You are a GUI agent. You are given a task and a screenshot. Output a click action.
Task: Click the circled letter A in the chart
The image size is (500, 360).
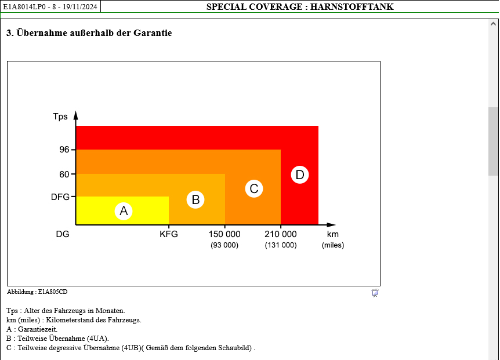pyautogui.click(x=124, y=211)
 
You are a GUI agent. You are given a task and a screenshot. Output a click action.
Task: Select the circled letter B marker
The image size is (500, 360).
pyautogui.click(x=196, y=200)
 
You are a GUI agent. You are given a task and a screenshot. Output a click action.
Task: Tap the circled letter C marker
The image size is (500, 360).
pyautogui.click(x=253, y=188)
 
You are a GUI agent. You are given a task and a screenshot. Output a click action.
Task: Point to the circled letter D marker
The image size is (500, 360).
pyautogui.click(x=299, y=174)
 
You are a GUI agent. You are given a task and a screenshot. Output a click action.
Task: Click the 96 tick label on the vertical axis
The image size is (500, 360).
pyautogui.click(x=64, y=150)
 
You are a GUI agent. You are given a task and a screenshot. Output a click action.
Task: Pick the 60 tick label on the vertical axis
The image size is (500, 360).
pyautogui.click(x=64, y=174)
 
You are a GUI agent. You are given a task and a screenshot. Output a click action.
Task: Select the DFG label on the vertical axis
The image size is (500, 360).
pyautogui.click(x=60, y=197)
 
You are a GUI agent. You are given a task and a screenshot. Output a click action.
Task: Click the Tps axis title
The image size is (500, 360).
pyautogui.click(x=60, y=117)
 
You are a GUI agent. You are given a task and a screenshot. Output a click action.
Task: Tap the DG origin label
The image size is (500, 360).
pyautogui.click(x=63, y=234)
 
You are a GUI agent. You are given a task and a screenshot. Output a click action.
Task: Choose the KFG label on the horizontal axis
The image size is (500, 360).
pyautogui.click(x=169, y=234)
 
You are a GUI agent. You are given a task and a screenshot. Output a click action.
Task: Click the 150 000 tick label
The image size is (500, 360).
pyautogui.click(x=224, y=234)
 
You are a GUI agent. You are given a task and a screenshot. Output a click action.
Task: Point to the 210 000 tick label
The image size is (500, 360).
pyautogui.click(x=281, y=234)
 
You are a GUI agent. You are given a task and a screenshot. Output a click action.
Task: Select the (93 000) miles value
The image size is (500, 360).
pyautogui.click(x=224, y=245)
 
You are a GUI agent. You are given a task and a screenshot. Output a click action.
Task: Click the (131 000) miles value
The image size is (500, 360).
pyautogui.click(x=281, y=245)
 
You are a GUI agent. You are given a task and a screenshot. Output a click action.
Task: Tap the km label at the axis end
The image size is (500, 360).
pyautogui.click(x=332, y=234)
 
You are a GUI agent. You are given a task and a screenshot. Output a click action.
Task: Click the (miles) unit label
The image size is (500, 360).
pyautogui.click(x=333, y=245)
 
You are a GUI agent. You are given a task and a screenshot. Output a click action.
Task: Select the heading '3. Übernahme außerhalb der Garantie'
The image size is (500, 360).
pyautogui.click(x=89, y=33)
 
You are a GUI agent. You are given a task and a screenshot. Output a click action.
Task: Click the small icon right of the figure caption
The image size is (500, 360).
pyautogui.click(x=375, y=293)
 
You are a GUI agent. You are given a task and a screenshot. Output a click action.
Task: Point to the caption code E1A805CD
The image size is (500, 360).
pyautogui.click(x=53, y=292)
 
